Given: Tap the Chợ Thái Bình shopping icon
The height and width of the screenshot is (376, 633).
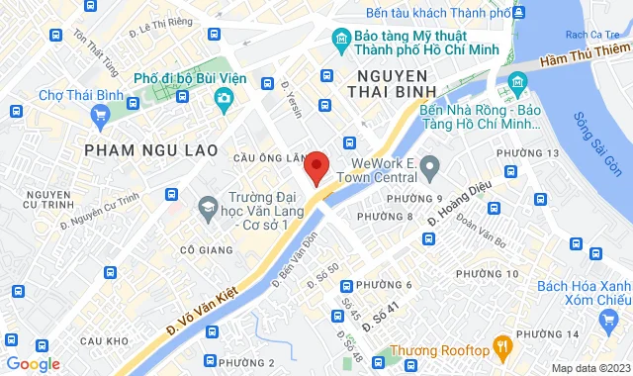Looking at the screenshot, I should coord(99,116).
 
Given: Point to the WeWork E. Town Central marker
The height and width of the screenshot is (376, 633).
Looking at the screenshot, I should coord(429,170).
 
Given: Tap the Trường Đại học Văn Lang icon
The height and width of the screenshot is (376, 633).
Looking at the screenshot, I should coord(208,208).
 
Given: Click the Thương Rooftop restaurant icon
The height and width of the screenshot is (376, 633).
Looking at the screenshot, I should coord(503,348).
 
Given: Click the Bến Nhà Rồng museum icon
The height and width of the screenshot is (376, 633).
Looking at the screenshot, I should coord(517,82).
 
